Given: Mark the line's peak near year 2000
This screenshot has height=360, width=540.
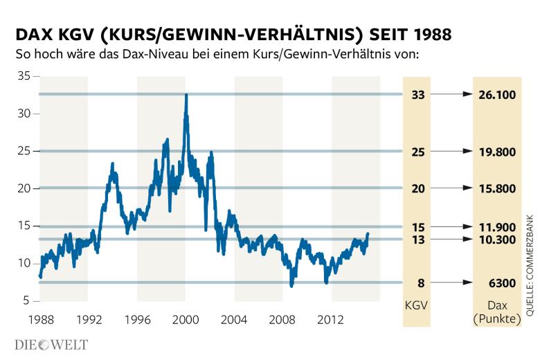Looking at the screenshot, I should pyautogui.click(x=186, y=95).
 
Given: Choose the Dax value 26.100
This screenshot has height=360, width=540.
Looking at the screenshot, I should pyautogui.click(x=497, y=94).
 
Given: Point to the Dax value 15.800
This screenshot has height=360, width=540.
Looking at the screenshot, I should pyautogui.click(x=497, y=188).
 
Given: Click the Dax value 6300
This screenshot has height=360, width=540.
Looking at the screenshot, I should pyautogui.click(x=497, y=282).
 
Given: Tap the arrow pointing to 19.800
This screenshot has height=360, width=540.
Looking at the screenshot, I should pyautogui.click(x=456, y=151).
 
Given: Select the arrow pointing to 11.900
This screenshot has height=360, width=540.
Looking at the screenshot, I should pyautogui.click(x=456, y=226).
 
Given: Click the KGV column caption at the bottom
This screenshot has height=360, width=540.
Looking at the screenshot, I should pyautogui.click(x=417, y=305).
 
